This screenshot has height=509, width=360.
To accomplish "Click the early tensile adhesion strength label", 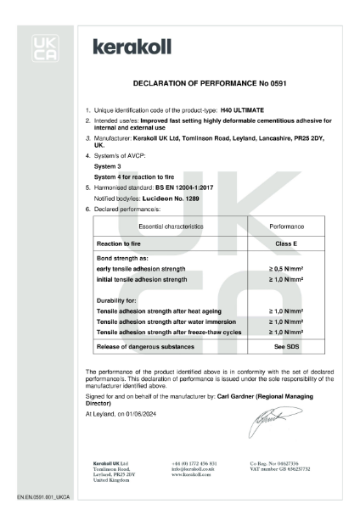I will pyautogui.click(x=144, y=269).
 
